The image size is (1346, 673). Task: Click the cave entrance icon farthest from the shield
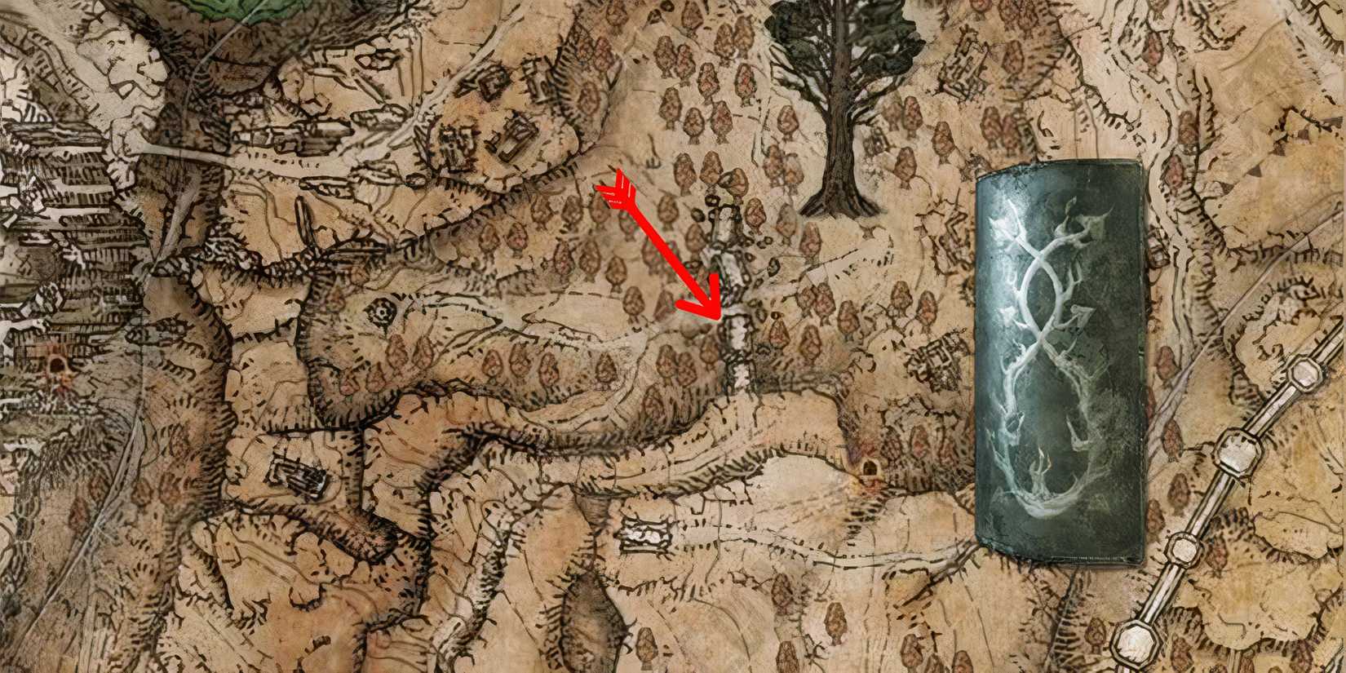point(58,365)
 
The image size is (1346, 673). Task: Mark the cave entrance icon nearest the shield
point(867,468)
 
